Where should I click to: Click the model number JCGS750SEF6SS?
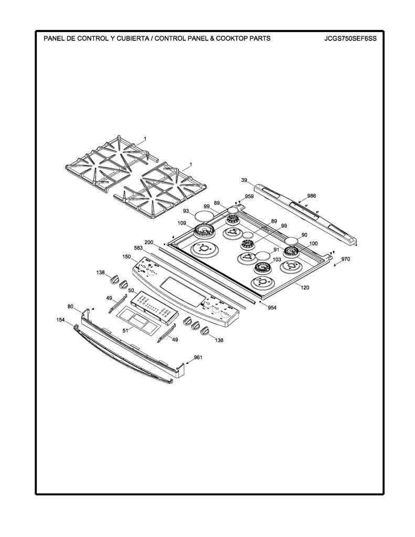350,38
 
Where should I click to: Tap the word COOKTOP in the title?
235,38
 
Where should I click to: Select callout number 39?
244,180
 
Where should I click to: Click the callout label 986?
312,196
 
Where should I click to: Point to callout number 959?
249,197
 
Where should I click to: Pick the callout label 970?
346,259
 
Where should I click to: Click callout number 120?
305,287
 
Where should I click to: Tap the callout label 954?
272,307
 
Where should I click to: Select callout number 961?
198,358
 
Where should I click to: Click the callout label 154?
61,319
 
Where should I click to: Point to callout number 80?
70,306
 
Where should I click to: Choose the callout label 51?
125,330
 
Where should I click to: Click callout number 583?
138,248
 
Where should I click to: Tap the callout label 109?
182,223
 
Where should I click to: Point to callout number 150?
126,256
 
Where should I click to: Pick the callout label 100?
313,243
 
